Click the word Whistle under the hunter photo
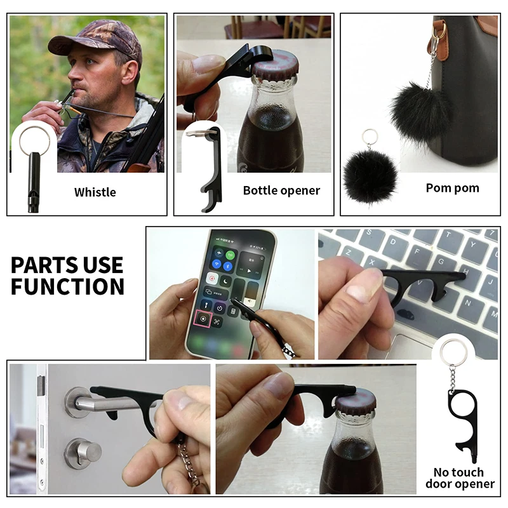(95, 192)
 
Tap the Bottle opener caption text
(281, 190)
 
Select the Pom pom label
(452, 188)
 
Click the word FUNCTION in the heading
(67, 286)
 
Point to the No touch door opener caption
(464, 478)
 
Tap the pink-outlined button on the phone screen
(203, 319)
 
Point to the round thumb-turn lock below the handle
(83, 451)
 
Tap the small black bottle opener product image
(208, 168)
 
